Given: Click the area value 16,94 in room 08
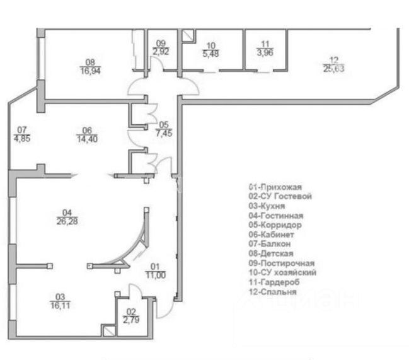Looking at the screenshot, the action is pos(89,71).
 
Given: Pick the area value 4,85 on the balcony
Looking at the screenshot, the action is pos(22,141).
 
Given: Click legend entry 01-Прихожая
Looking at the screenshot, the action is pos(276,187).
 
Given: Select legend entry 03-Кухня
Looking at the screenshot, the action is pos(267,206).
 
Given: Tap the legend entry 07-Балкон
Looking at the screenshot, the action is pos(270,244).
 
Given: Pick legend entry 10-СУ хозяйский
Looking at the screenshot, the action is pos(282,272).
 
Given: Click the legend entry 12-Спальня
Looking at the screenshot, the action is pos(272,291).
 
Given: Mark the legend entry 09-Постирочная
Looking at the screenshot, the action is pos(282,263).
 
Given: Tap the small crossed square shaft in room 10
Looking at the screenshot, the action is pos(187,37).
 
